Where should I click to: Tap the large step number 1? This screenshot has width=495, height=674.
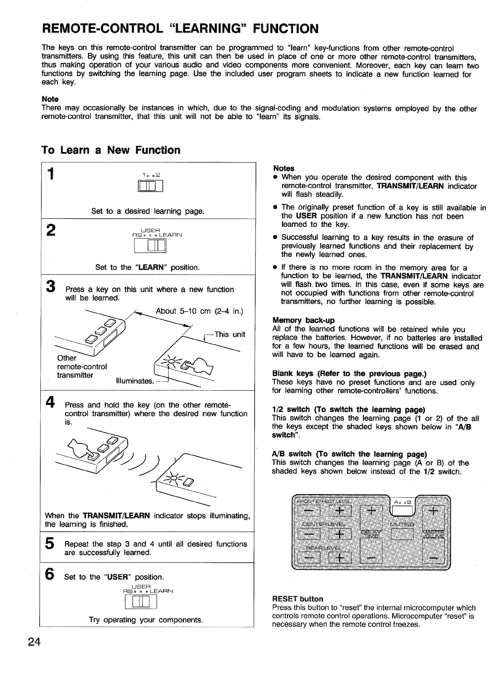(51, 174)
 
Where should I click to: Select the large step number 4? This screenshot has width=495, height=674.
(50, 402)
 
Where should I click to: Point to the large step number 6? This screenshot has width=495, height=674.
(50, 574)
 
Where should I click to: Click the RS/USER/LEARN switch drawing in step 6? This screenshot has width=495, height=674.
(141, 602)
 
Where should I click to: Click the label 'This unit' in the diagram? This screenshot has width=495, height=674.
(230, 334)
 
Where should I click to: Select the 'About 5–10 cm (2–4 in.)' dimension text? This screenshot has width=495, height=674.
(199, 310)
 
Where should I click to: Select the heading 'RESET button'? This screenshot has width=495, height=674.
(297, 599)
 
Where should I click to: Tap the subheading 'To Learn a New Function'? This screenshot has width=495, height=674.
(111, 150)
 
